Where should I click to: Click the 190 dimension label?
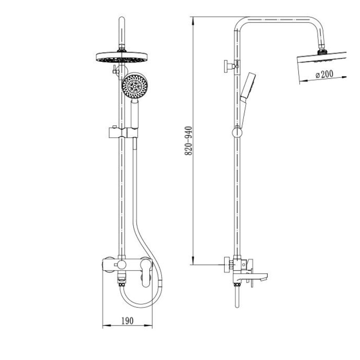click(127, 321)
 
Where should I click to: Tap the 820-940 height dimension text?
click(189, 141)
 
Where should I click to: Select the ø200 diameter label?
click(324, 74)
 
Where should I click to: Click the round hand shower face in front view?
click(135, 86)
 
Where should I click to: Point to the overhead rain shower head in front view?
click(121, 57)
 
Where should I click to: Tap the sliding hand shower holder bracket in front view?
click(123, 133)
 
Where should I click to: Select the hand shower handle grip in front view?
click(135, 113)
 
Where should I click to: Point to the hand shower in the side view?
click(247, 100)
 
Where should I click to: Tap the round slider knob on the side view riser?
click(237, 133)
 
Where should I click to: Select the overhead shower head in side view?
click(321, 67)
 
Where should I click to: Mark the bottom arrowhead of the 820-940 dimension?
click(193, 261)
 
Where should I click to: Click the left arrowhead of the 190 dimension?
click(106, 325)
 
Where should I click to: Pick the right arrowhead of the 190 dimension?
click(148, 325)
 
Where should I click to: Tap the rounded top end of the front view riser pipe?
click(121, 19)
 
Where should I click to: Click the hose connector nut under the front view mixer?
click(121, 285)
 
